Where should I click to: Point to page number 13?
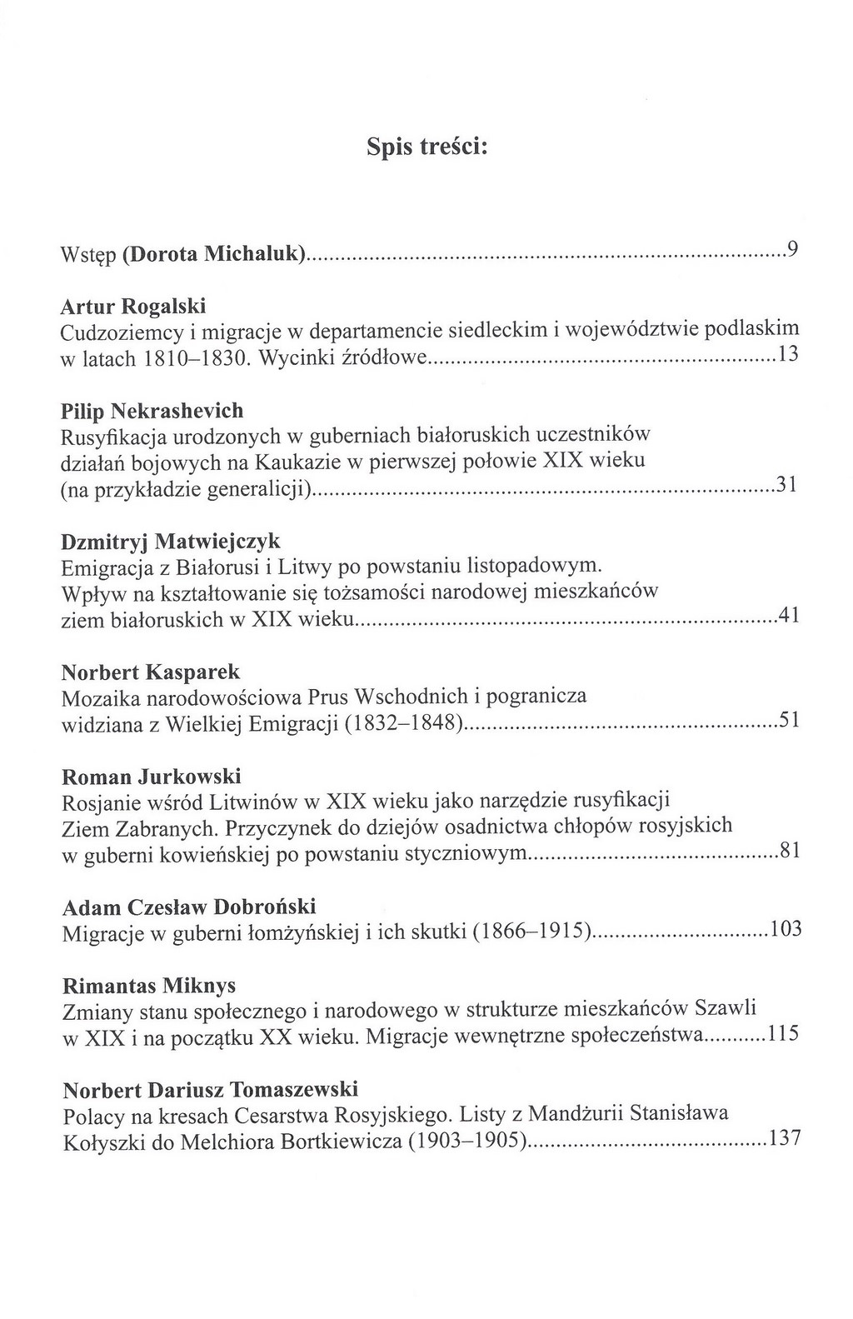(x=787, y=354)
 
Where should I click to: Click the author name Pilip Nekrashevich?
(x=152, y=410)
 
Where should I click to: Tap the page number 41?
(x=788, y=617)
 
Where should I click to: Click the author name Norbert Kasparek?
(x=152, y=671)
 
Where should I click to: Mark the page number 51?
(x=788, y=720)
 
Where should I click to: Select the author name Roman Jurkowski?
(x=152, y=777)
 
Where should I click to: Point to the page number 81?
(x=788, y=851)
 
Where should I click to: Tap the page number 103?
(x=785, y=929)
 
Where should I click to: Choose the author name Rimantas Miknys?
(x=149, y=986)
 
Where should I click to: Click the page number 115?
(x=784, y=1034)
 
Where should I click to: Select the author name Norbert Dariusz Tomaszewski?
(x=211, y=1089)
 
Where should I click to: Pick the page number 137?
(x=785, y=1138)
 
